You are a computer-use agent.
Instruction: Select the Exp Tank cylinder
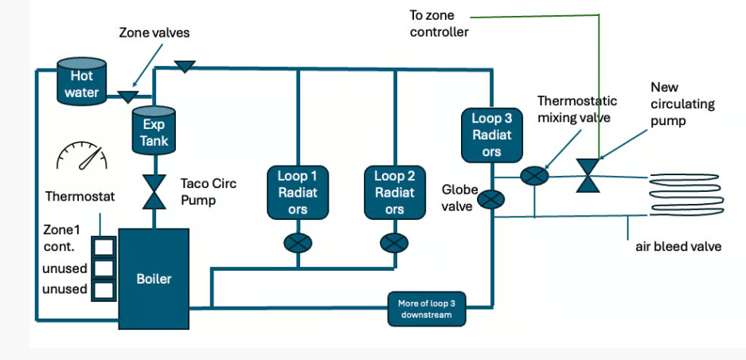click(x=154, y=131)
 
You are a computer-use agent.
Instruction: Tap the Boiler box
click(x=154, y=278)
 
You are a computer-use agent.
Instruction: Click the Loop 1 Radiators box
click(x=297, y=192)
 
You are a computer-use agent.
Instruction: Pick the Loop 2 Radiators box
click(x=394, y=192)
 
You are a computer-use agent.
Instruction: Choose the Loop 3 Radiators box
click(x=491, y=134)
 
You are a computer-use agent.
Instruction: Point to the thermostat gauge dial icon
click(x=82, y=156)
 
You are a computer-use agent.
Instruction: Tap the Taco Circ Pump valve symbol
click(x=154, y=192)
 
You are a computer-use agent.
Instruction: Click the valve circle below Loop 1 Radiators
click(x=298, y=242)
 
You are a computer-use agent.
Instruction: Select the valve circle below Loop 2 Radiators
click(x=394, y=242)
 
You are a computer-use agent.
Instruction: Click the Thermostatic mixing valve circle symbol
click(x=533, y=177)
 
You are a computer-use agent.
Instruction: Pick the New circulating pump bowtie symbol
click(x=588, y=175)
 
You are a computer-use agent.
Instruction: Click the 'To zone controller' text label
click(x=440, y=24)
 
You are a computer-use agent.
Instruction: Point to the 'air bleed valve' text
click(x=678, y=246)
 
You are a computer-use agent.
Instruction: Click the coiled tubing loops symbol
click(x=688, y=194)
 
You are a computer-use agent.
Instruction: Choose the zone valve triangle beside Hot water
click(x=126, y=96)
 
